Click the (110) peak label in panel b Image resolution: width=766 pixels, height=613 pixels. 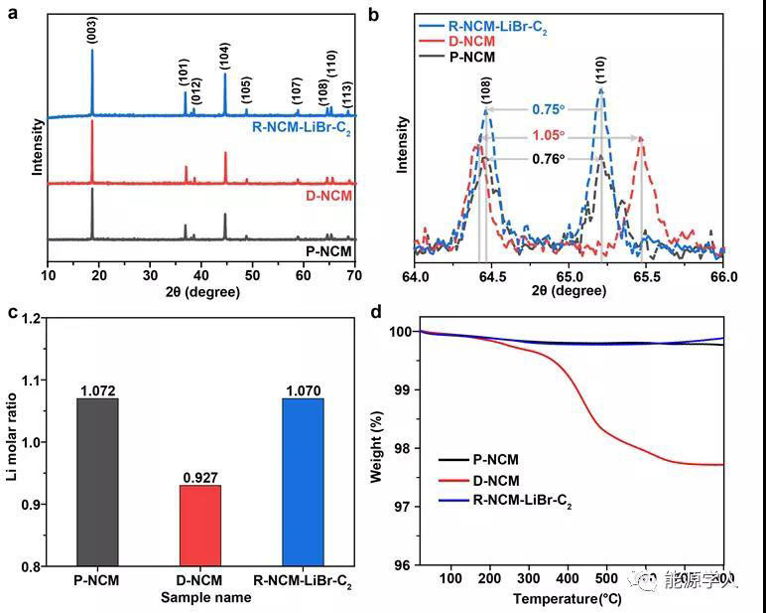point(601,71)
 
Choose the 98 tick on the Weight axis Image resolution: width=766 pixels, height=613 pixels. point(398,449)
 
